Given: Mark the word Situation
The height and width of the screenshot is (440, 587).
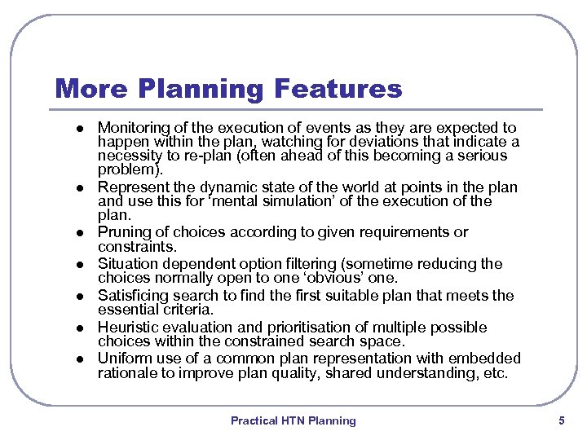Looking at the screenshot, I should [128, 264].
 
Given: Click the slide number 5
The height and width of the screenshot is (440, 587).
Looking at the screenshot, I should [561, 420].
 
